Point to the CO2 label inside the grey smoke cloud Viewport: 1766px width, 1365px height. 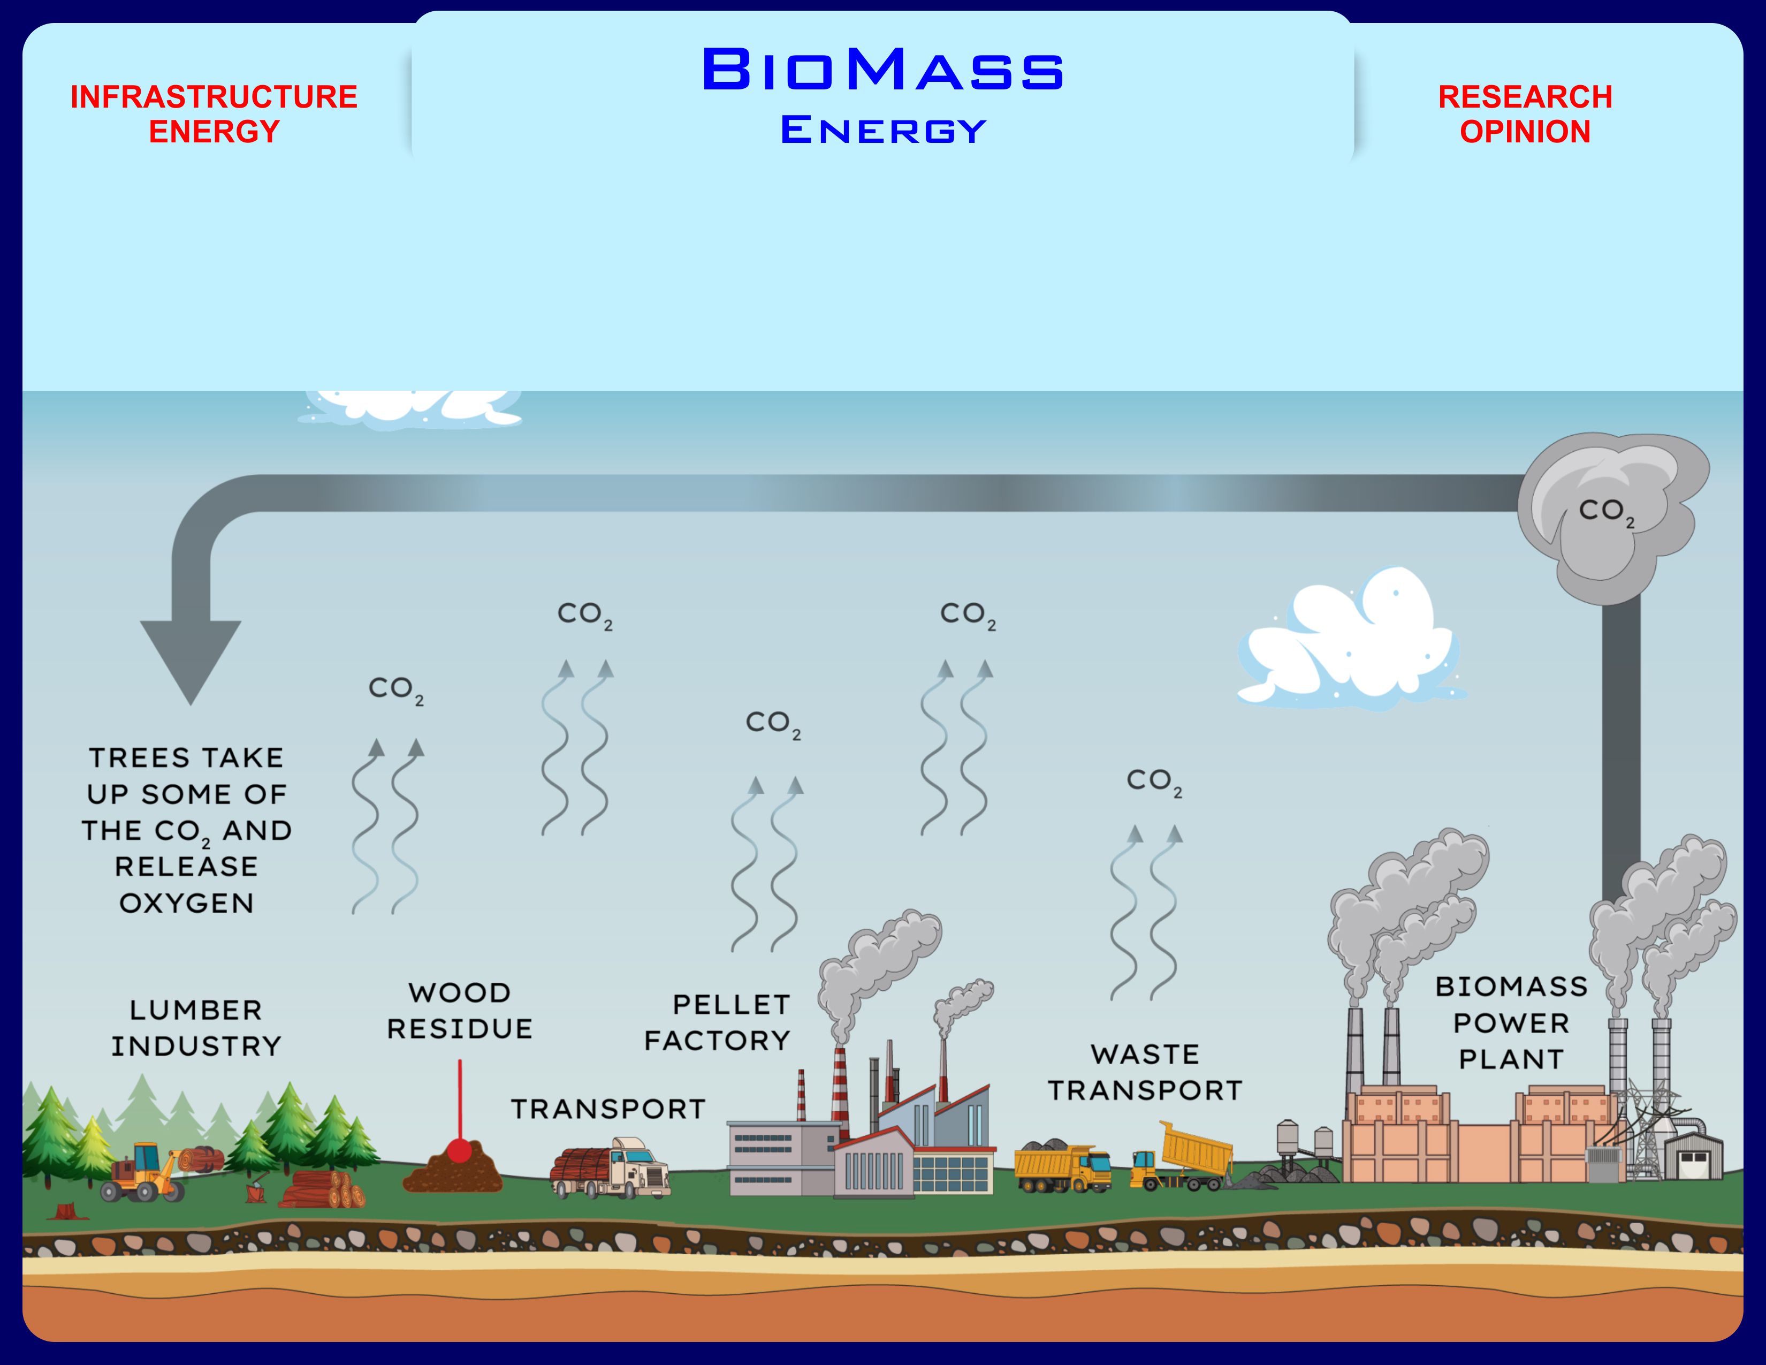pyautogui.click(x=1606, y=511)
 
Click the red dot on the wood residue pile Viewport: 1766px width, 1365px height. pyautogui.click(x=459, y=1150)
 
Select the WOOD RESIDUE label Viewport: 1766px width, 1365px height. pyautogui.click(x=459, y=1011)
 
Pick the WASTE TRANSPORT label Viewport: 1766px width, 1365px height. pyautogui.click(x=1145, y=1072)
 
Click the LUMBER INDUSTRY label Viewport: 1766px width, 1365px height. pyautogui.click(x=196, y=1028)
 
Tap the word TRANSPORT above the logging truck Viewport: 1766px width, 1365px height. pyautogui.click(x=608, y=1109)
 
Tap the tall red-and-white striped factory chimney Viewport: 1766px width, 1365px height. pyautogui.click(x=840, y=1088)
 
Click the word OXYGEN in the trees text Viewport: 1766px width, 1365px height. pyautogui.click(x=187, y=903)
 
